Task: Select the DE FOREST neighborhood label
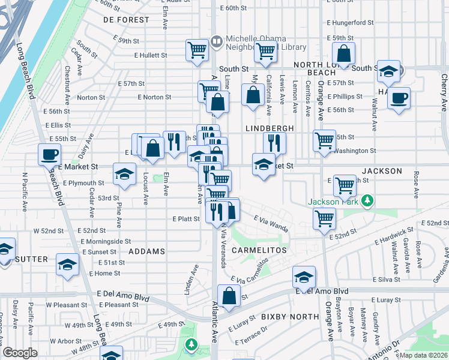pos(126,20)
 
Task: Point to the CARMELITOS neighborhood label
pos(259,250)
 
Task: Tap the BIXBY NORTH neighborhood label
pos(290,316)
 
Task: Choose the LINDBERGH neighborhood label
pos(269,128)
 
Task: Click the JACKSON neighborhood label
pos(382,171)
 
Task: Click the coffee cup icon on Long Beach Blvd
pos(49,154)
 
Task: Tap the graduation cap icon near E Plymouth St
pos(124,174)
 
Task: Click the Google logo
pos(20,353)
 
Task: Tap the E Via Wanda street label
pos(271,224)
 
